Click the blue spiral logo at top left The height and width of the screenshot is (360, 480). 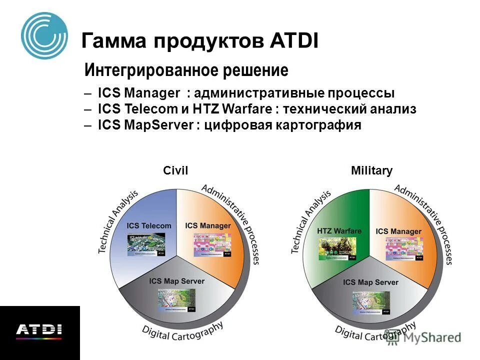pos(44,35)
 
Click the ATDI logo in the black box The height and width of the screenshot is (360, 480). pos(39,330)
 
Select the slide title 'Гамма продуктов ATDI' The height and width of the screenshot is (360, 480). pos(199,40)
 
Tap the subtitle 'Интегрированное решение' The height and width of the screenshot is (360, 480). pos(186,70)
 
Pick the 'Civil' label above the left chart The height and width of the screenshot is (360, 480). pos(175,171)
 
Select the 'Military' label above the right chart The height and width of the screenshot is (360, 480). pos(371,171)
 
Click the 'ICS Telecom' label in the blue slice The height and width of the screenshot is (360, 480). pos(149,225)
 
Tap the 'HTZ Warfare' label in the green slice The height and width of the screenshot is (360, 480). pos(339,231)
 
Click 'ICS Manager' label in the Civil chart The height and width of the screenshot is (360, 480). pos(208,225)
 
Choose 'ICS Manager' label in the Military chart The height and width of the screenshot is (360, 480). pos(398,231)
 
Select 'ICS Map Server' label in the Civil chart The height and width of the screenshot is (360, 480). pos(177,281)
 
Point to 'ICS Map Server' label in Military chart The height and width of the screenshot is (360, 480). pos(371,282)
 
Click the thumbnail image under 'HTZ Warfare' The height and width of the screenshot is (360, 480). pos(338,248)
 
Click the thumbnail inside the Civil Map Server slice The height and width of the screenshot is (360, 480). pos(176,300)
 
